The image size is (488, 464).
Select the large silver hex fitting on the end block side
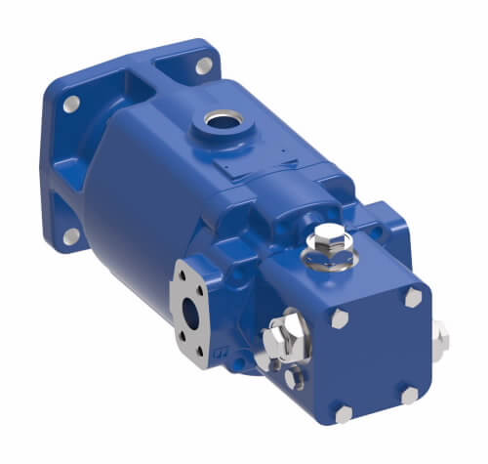(x=285, y=335)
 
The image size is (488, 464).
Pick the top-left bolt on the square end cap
(x=339, y=319)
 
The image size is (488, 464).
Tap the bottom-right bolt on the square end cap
(x=411, y=394)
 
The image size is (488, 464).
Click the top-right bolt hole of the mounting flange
(x=203, y=66)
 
